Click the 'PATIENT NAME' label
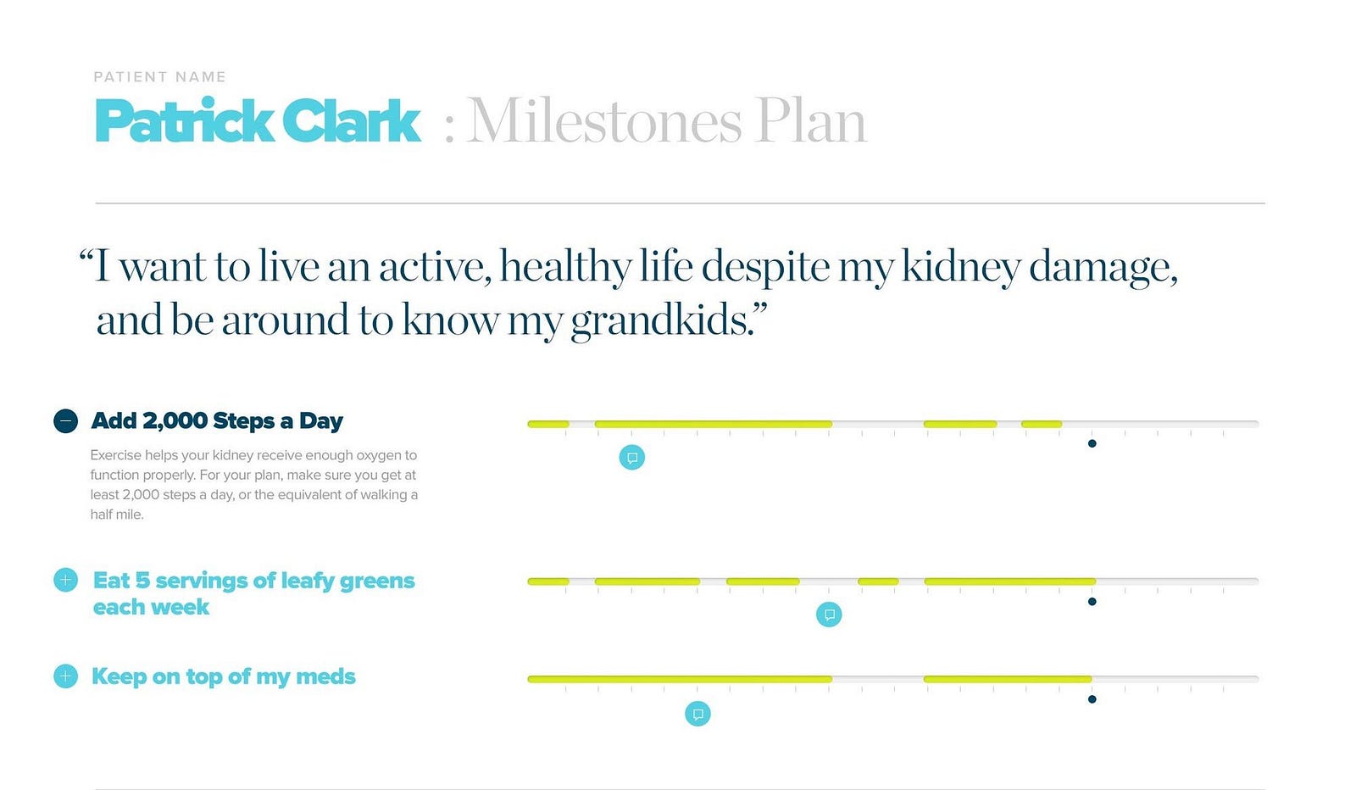tap(160, 77)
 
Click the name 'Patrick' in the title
tap(184, 120)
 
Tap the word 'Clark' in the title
tap(351, 120)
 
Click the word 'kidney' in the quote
tap(961, 267)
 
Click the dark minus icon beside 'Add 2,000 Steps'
tap(65, 420)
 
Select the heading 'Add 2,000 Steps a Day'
tap(217, 420)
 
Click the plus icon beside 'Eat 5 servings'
tap(65, 580)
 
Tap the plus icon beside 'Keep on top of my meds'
tap(65, 676)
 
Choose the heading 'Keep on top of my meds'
tap(224, 676)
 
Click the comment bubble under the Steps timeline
tap(632, 457)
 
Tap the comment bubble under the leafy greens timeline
tap(829, 615)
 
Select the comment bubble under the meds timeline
tap(697, 714)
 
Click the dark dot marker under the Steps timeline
tap(1092, 443)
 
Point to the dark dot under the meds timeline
tap(1092, 699)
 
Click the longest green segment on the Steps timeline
tap(713, 425)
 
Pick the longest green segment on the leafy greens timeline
tap(1009, 581)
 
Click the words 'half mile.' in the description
tap(117, 515)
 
